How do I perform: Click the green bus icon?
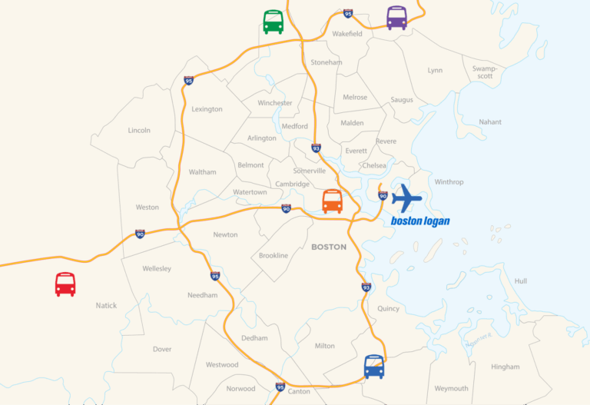(273, 22)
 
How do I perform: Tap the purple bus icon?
(396, 17)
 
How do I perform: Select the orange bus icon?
(332, 201)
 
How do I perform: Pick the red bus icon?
(65, 284)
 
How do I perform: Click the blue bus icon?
(374, 367)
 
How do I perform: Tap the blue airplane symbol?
(406, 198)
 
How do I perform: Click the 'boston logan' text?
(419, 221)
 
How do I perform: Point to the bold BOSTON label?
(329, 247)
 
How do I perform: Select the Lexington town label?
(207, 109)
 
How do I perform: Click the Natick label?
(107, 306)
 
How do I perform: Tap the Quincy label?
(389, 309)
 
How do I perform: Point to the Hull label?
(521, 281)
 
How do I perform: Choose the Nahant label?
(490, 122)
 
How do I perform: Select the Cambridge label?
(293, 184)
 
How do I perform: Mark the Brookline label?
(273, 255)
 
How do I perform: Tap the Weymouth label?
(451, 389)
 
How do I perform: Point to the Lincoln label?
(139, 131)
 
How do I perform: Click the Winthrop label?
(449, 182)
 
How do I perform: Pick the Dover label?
(162, 349)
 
